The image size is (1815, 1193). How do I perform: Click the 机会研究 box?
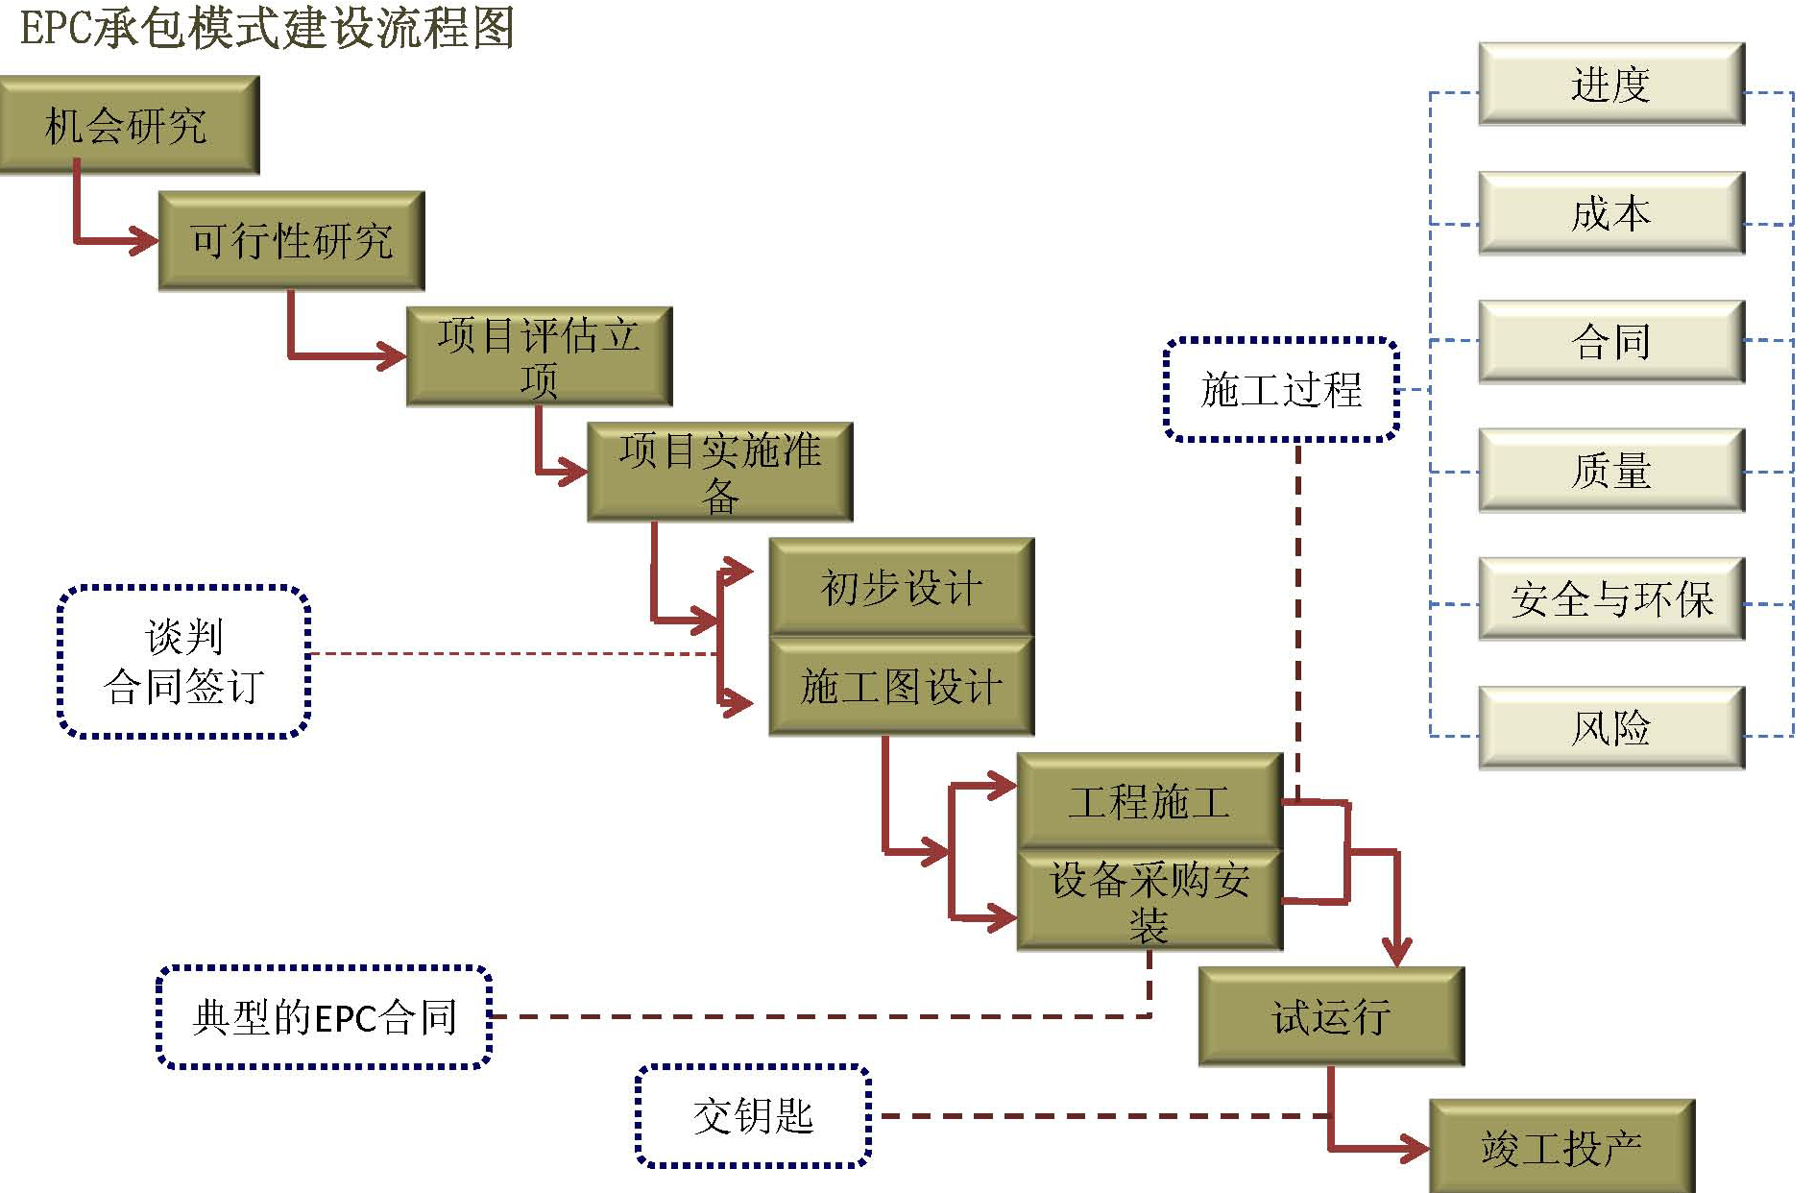pyautogui.click(x=129, y=126)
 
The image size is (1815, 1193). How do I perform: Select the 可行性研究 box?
pyautogui.click(x=291, y=241)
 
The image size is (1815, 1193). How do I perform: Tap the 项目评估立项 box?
pyautogui.click(x=539, y=356)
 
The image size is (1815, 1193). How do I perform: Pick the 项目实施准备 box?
pyautogui.click(x=719, y=472)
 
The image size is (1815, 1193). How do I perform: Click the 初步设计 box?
pyautogui.click(x=901, y=587)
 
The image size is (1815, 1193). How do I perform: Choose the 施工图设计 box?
pyautogui.click(x=901, y=687)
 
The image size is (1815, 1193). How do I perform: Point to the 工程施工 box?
pyautogui.click(x=1149, y=801)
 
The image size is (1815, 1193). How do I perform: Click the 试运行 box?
pyautogui.click(x=1331, y=1016)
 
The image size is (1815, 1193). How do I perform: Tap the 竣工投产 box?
pyautogui.click(x=1561, y=1147)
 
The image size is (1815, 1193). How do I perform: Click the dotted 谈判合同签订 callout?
pyautogui.click(x=184, y=662)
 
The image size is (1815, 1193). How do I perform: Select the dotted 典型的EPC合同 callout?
pyautogui.click(x=325, y=1017)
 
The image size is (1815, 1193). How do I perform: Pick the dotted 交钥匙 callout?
pyautogui.click(x=753, y=1116)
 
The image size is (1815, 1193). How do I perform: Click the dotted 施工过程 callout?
pyautogui.click(x=1281, y=390)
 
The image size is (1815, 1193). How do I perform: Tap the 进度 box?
pyautogui.click(x=1610, y=85)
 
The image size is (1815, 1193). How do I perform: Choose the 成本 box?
pyautogui.click(x=1610, y=213)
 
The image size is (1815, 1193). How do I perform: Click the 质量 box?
pyautogui.click(x=1610, y=471)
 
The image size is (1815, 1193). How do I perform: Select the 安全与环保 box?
pyautogui.click(x=1610, y=599)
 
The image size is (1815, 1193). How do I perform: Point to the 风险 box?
pyautogui.click(x=1610, y=728)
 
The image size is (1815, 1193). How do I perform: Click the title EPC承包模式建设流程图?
pyautogui.click(x=267, y=27)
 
